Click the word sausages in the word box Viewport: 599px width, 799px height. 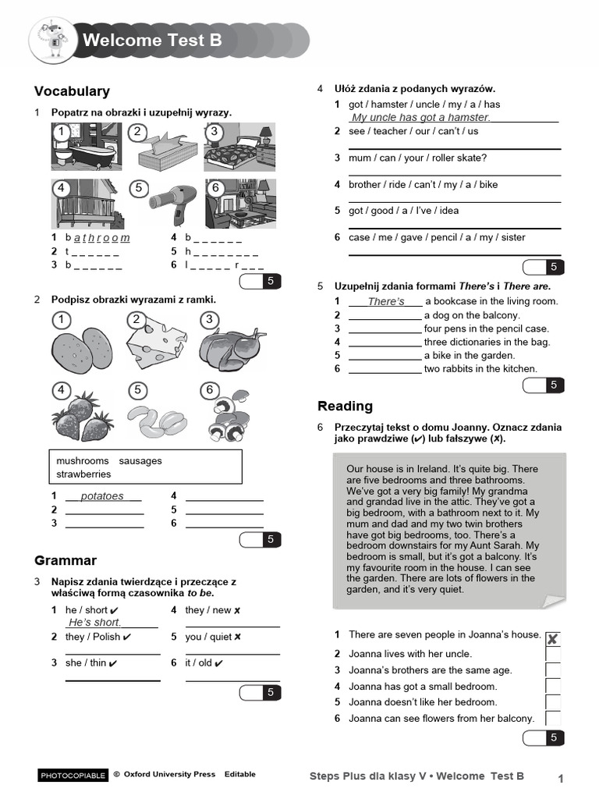click(x=140, y=460)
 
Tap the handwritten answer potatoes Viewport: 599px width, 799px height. click(x=102, y=496)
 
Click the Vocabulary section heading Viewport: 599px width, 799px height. click(x=73, y=91)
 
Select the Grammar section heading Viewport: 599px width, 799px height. click(x=66, y=560)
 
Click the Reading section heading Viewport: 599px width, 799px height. click(x=345, y=406)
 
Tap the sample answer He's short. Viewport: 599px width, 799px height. click(x=95, y=622)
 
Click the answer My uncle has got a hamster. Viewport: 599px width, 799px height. click(x=421, y=117)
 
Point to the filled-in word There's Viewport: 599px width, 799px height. click(x=386, y=301)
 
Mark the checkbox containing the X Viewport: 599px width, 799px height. click(x=553, y=639)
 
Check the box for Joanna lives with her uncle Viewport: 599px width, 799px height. click(x=553, y=654)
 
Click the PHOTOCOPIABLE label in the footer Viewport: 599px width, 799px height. click(x=73, y=776)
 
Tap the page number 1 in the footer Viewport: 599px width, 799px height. click(x=560, y=777)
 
